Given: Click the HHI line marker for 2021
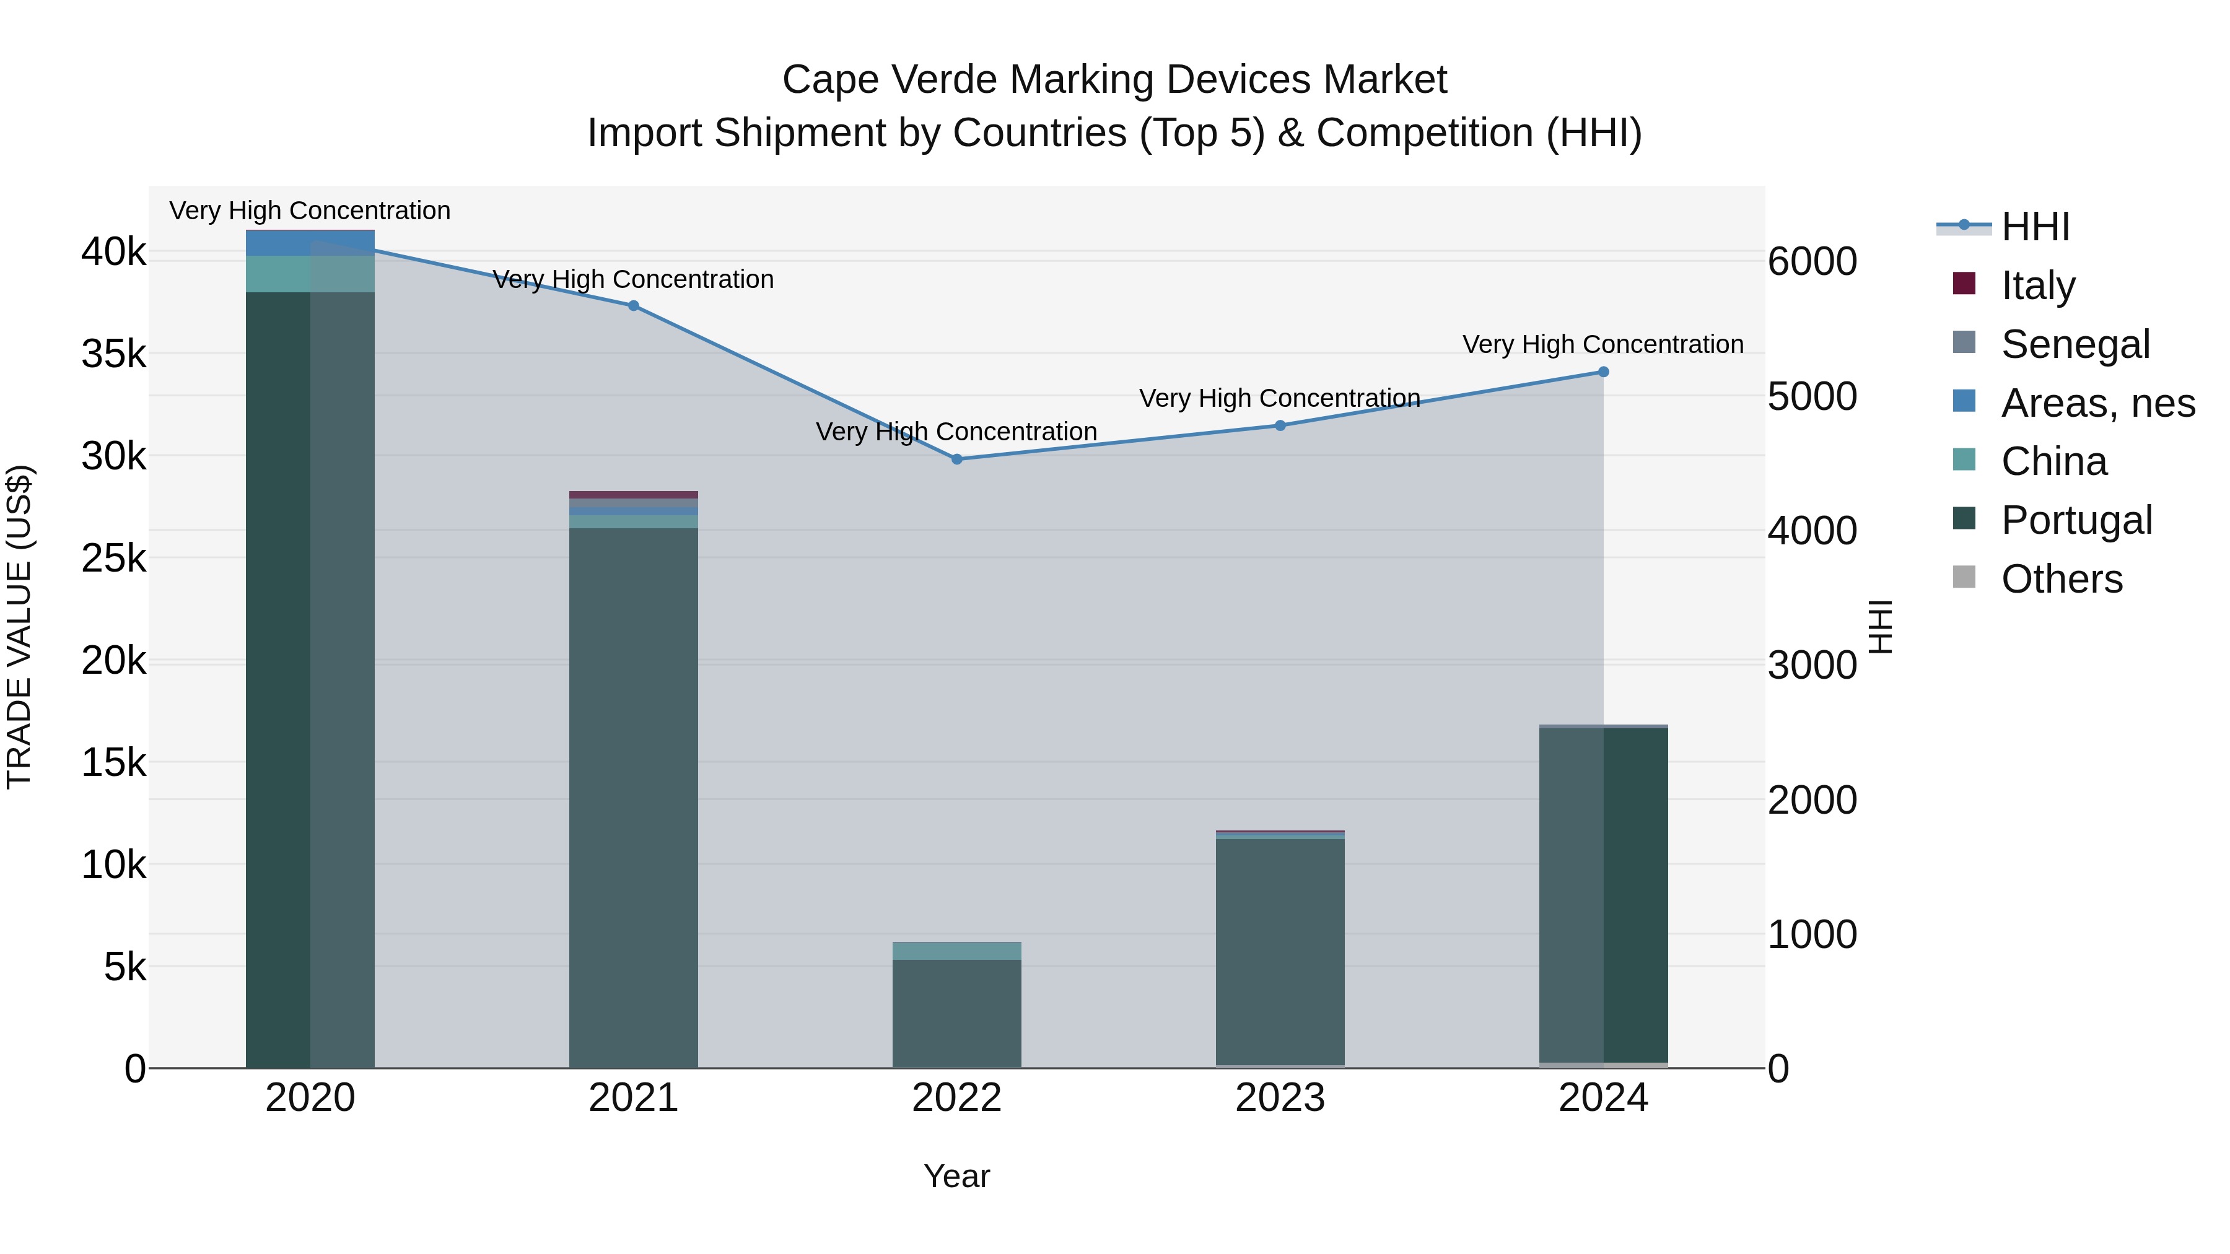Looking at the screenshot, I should coord(633,305).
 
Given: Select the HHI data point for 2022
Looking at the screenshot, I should coord(956,459).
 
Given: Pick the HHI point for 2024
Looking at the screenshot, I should coord(1603,372).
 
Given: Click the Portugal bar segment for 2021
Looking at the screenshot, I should coord(633,796).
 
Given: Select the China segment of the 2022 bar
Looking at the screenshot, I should coord(956,950).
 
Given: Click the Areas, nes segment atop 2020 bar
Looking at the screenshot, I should coord(310,243).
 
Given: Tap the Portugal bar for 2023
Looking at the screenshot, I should coord(1280,952).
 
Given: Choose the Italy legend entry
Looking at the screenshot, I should coord(2038,285).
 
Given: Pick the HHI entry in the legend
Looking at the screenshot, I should coord(2034,227).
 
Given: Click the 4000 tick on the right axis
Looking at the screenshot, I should coord(1812,531).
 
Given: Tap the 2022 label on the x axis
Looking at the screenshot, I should coord(956,1098).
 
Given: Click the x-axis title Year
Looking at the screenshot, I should coord(956,1176).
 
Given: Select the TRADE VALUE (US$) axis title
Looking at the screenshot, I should coord(19,627).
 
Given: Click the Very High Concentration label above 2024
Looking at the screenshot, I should coord(1603,344).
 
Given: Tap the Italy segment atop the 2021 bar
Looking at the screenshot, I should coord(633,495).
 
